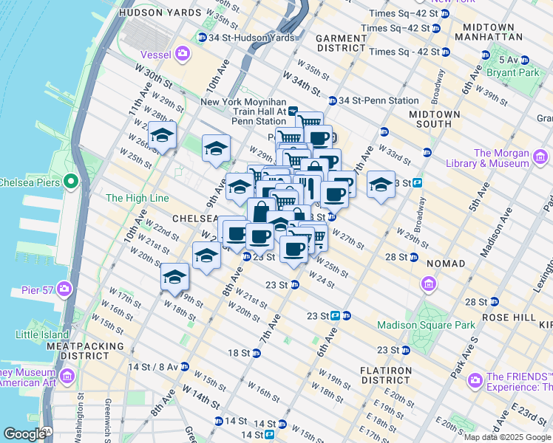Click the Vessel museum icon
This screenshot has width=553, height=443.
(182, 53)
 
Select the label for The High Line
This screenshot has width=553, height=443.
(137, 198)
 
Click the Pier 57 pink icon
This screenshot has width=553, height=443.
(65, 289)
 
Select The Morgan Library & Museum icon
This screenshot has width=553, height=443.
(540, 157)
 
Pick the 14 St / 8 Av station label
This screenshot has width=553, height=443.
(154, 366)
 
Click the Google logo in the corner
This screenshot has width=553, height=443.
(24, 434)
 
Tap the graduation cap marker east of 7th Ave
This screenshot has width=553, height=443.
(381, 185)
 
